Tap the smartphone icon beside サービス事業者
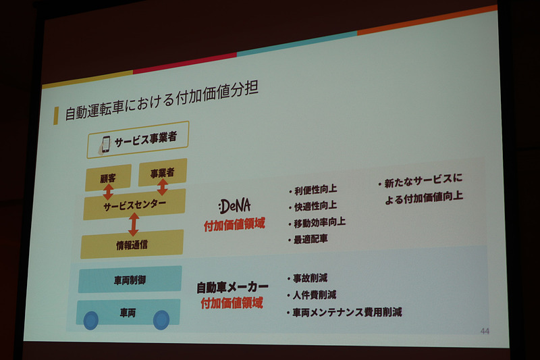[x=105, y=143]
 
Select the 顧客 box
[x=108, y=179]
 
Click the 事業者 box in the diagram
[x=162, y=173]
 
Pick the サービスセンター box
[x=134, y=204]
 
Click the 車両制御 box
[x=129, y=279]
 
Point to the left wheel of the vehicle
[x=90, y=320]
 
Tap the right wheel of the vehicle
[x=161, y=319]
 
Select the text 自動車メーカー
[x=232, y=286]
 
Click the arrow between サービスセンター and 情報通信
[x=134, y=224]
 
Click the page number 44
[x=484, y=331]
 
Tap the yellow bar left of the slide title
[x=56, y=115]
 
